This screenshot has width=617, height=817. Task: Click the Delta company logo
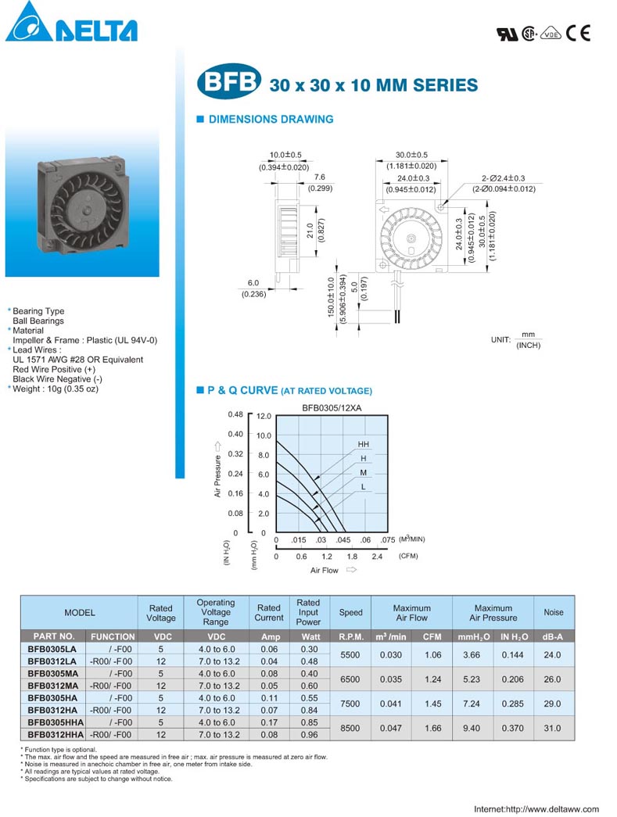pyautogui.click(x=71, y=22)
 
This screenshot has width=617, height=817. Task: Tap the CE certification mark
pyautogui.click(x=579, y=34)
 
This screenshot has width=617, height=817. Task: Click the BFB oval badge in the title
pyautogui.click(x=228, y=81)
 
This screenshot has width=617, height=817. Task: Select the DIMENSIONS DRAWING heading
pyautogui.click(x=271, y=120)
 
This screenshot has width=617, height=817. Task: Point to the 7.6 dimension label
pyautogui.click(x=319, y=177)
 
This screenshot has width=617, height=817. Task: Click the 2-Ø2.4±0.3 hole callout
pyautogui.click(x=503, y=178)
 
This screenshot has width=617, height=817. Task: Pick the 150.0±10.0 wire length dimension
pyautogui.click(x=331, y=297)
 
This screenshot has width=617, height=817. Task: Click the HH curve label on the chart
pyautogui.click(x=363, y=444)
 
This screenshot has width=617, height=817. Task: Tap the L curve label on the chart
pyautogui.click(x=363, y=486)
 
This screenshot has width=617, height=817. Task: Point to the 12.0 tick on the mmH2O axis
pyautogui.click(x=264, y=416)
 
